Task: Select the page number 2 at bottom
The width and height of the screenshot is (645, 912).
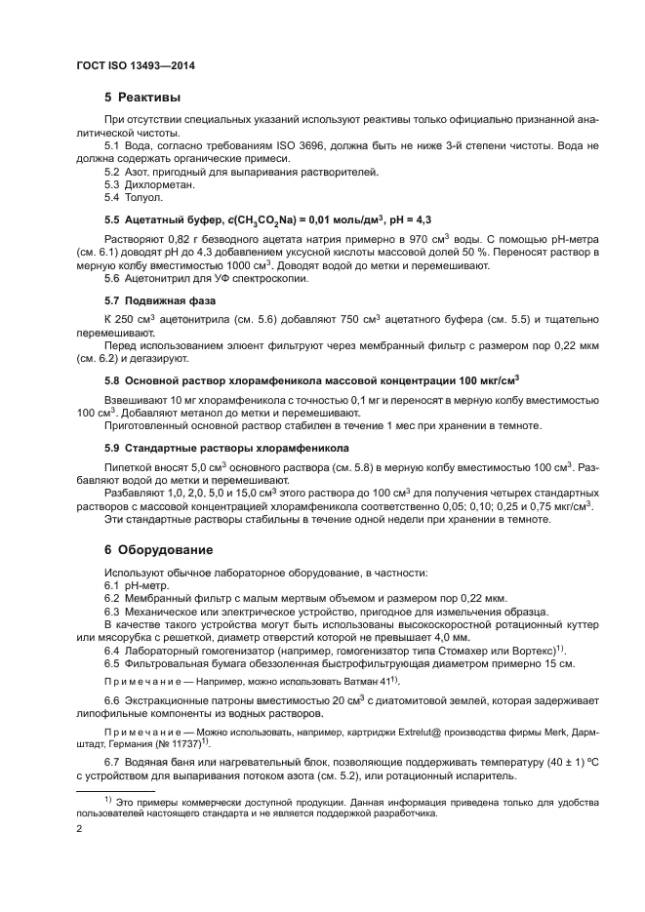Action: [x=80, y=829]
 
